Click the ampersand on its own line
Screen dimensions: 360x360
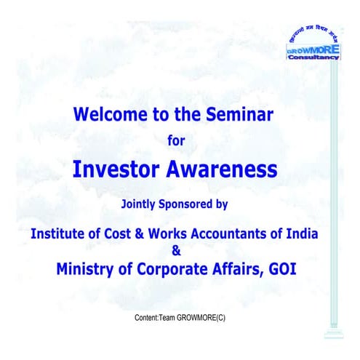tap(175, 252)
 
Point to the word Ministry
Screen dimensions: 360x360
tap(85, 269)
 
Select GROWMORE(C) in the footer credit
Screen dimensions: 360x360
tap(204, 319)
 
